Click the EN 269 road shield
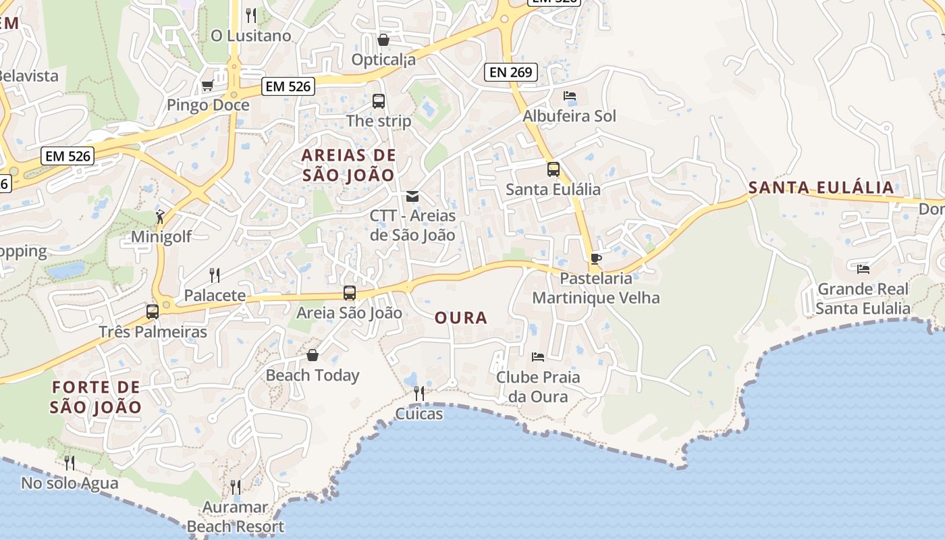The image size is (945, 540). coord(510,72)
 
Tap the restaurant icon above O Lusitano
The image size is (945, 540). coord(251,15)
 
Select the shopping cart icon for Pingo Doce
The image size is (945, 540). coord(207,86)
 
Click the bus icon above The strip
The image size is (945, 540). coord(379,101)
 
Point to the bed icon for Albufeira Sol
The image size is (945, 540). coord(570,96)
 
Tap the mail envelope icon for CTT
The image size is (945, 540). coord(412,196)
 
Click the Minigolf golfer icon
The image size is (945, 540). coord(160,217)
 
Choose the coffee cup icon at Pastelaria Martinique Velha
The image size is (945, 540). coord(595,259)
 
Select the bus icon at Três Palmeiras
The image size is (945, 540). coord(153,312)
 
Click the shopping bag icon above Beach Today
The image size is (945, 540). coord(313,355)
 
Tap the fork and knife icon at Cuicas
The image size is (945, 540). coord(419,393)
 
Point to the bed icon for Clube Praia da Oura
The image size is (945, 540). coord(538,356)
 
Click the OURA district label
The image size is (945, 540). coord(461,318)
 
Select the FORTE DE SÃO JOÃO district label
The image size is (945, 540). coord(97,398)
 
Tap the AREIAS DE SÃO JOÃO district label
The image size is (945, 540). coord(348,165)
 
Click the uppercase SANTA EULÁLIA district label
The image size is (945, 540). coord(821,188)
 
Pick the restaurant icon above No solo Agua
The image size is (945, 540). coord(70,462)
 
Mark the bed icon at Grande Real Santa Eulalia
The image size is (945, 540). coord(863,269)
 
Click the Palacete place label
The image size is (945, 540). coord(215,296)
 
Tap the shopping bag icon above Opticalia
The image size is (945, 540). coord(383,40)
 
